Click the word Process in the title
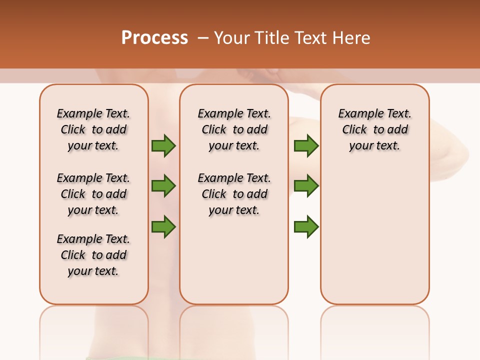(154, 38)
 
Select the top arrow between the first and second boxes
(163, 146)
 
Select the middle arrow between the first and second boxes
(163, 186)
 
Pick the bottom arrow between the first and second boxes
(163, 226)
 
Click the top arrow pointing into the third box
(306, 146)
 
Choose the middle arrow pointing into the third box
(306, 186)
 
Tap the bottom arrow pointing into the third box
(306, 226)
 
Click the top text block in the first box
(93, 129)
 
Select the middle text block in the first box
(93, 194)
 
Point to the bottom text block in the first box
(93, 255)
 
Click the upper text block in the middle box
(234, 129)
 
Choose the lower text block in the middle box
(234, 194)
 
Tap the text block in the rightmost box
(374, 129)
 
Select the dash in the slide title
(203, 38)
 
